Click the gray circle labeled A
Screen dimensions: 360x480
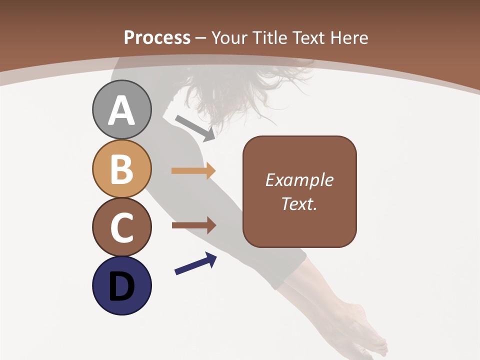click(121, 109)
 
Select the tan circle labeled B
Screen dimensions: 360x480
click(121, 168)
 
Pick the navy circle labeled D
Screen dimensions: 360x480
click(121, 285)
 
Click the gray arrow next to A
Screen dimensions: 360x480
click(195, 128)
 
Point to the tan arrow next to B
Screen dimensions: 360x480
click(193, 171)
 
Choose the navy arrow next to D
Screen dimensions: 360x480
click(195, 263)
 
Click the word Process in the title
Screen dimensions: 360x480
click(157, 37)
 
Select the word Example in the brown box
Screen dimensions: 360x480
click(299, 180)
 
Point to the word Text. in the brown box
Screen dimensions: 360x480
click(299, 203)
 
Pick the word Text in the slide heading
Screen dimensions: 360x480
click(307, 37)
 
